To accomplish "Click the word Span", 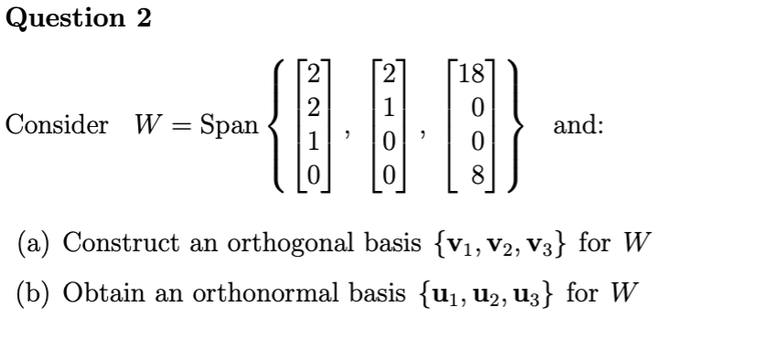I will (x=229, y=126).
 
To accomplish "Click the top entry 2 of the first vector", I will (x=314, y=75).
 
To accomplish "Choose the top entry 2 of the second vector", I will (x=388, y=75).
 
